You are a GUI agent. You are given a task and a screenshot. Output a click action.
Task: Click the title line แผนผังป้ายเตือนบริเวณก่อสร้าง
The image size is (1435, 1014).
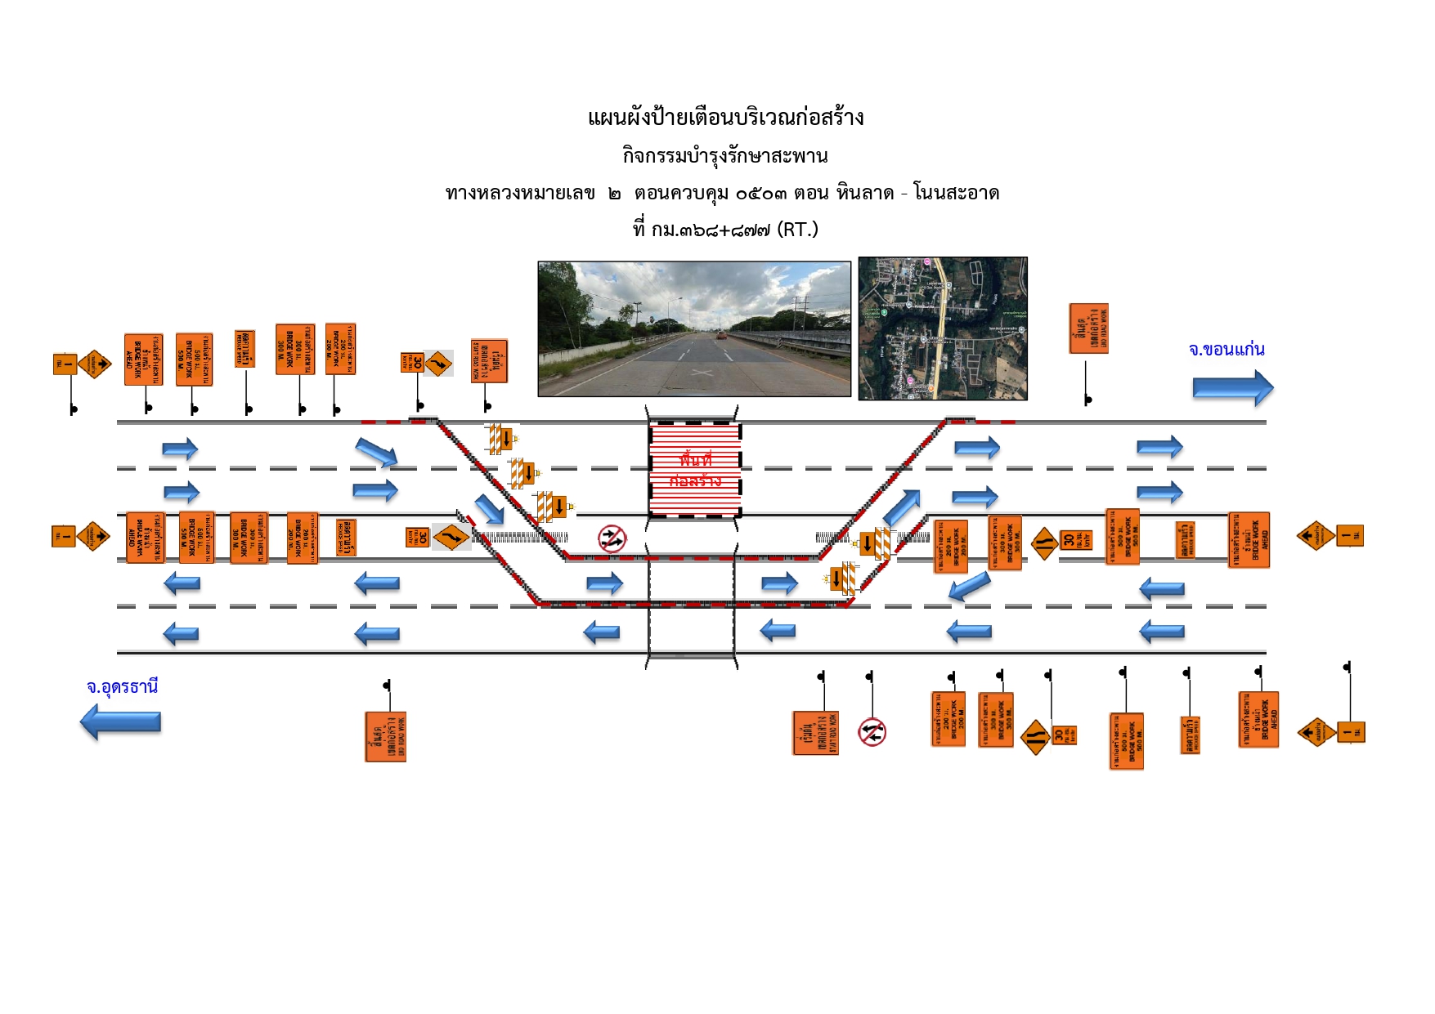(x=725, y=118)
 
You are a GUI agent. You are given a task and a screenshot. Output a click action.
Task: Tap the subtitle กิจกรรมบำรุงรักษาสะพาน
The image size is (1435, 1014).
(x=725, y=155)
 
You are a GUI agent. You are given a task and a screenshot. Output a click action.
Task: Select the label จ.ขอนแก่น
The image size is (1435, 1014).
(x=1226, y=350)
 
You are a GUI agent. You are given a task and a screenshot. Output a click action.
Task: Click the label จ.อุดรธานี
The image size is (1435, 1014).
(x=122, y=686)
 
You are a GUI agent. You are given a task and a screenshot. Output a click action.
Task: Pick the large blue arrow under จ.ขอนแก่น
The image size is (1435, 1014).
(x=1232, y=388)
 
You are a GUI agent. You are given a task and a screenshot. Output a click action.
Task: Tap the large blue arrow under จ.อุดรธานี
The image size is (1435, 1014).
(x=121, y=721)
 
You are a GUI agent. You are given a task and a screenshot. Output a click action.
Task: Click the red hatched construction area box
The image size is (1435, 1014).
(x=694, y=469)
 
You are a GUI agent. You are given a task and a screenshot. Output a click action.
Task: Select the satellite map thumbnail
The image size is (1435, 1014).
(x=942, y=328)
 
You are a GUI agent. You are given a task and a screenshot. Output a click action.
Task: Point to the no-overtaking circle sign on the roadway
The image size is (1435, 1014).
(x=612, y=538)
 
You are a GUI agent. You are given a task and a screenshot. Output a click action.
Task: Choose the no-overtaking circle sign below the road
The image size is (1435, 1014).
(x=872, y=732)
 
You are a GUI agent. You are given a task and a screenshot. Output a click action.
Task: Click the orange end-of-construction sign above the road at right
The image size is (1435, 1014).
(x=1088, y=328)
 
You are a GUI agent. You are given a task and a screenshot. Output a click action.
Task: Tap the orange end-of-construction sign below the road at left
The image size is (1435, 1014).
(x=385, y=737)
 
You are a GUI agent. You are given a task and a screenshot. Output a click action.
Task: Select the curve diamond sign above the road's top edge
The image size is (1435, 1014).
(x=438, y=363)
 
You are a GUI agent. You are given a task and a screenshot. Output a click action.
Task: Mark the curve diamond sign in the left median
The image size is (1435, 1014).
(x=451, y=537)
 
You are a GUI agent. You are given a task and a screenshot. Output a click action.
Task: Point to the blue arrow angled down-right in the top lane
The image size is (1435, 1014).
(x=376, y=452)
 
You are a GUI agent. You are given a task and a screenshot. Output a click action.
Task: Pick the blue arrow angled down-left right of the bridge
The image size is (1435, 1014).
(x=970, y=586)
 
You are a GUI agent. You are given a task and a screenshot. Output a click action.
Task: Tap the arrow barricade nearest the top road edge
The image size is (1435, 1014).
(x=500, y=439)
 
